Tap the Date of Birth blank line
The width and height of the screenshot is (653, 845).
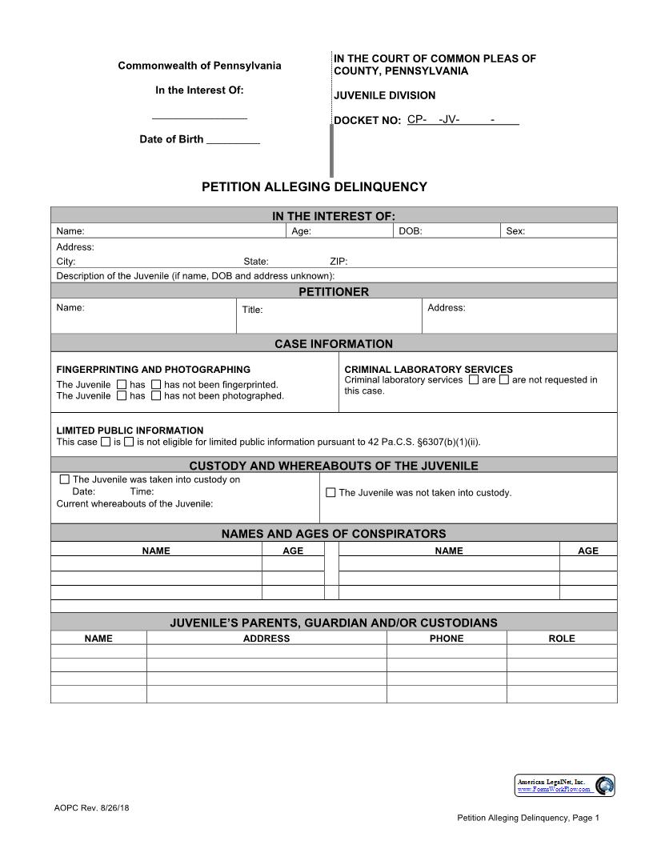click(233, 141)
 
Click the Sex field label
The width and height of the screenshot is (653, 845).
click(515, 231)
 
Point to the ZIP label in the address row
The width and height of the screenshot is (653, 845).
click(339, 262)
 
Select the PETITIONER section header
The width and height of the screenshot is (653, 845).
click(334, 292)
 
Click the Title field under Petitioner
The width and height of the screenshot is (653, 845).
click(252, 310)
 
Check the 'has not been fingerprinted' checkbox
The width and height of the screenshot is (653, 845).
click(156, 385)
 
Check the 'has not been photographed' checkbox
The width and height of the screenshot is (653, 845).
click(156, 395)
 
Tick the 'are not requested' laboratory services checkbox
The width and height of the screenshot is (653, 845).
click(504, 380)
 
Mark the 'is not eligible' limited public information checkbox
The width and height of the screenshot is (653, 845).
click(129, 442)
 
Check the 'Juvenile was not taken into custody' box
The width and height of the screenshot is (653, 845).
click(331, 493)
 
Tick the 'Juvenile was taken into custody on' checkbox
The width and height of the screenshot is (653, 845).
click(65, 480)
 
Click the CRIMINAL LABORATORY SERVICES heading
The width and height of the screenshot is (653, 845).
click(428, 370)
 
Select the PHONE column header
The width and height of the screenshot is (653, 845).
click(446, 639)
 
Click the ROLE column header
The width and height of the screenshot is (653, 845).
click(561, 639)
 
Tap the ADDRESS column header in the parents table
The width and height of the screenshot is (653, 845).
click(266, 639)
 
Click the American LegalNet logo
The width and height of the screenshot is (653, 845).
click(564, 785)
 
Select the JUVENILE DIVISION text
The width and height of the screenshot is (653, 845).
click(384, 96)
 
